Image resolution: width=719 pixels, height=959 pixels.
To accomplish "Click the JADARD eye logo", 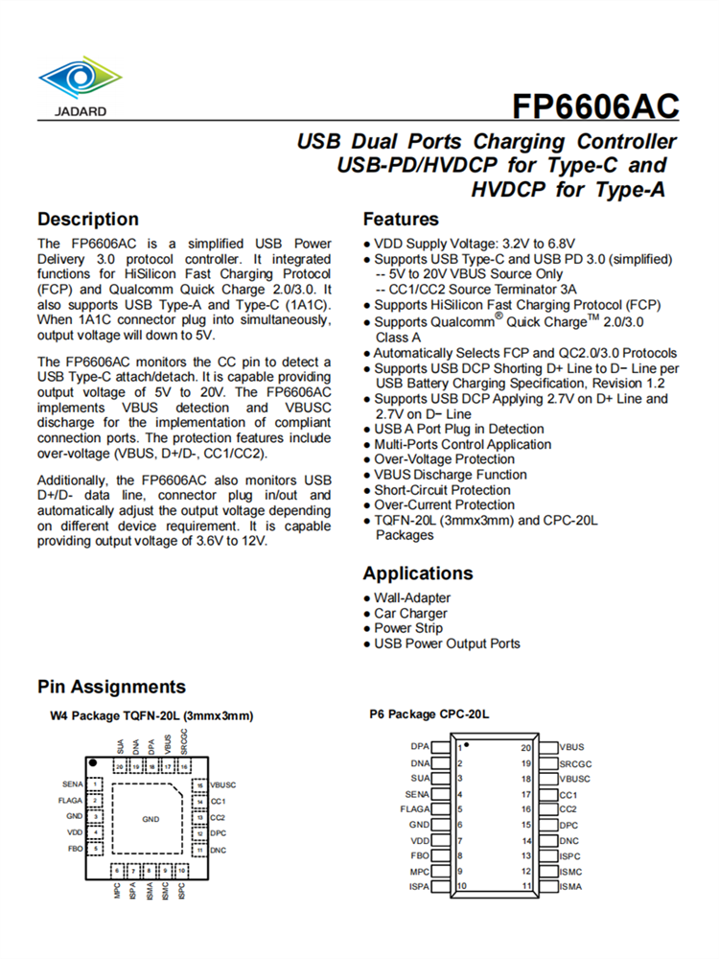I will click(x=81, y=80).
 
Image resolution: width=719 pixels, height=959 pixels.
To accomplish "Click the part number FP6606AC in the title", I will click(x=595, y=105).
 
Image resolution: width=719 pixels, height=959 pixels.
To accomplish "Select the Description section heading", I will click(x=88, y=219).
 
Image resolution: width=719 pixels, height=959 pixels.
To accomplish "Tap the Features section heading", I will click(x=401, y=219).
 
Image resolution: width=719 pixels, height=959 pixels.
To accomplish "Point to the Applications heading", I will click(x=417, y=573).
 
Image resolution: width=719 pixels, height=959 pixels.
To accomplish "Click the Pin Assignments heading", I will click(x=111, y=687).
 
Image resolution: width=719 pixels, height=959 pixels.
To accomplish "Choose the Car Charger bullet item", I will click(x=410, y=614).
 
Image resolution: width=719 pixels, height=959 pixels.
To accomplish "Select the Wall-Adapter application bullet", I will click(x=412, y=598).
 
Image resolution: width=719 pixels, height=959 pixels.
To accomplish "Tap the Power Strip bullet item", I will click(x=408, y=629).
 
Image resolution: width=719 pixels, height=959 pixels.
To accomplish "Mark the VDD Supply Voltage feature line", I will click(x=474, y=244).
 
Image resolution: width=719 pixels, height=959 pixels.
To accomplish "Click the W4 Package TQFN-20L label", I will click(x=151, y=716).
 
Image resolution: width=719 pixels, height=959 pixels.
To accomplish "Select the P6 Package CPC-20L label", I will click(x=429, y=714).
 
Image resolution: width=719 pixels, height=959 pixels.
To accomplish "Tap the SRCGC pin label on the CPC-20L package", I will click(x=576, y=763).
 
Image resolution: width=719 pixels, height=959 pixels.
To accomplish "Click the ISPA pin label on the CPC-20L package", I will click(x=418, y=887).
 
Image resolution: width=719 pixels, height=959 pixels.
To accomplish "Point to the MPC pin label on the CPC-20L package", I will click(x=419, y=872).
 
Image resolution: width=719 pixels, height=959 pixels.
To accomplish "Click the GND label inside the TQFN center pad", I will click(x=151, y=820).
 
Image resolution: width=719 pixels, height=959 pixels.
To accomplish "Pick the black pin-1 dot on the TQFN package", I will click(x=92, y=761).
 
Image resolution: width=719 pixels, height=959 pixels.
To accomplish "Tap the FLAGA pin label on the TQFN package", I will click(x=71, y=800).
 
